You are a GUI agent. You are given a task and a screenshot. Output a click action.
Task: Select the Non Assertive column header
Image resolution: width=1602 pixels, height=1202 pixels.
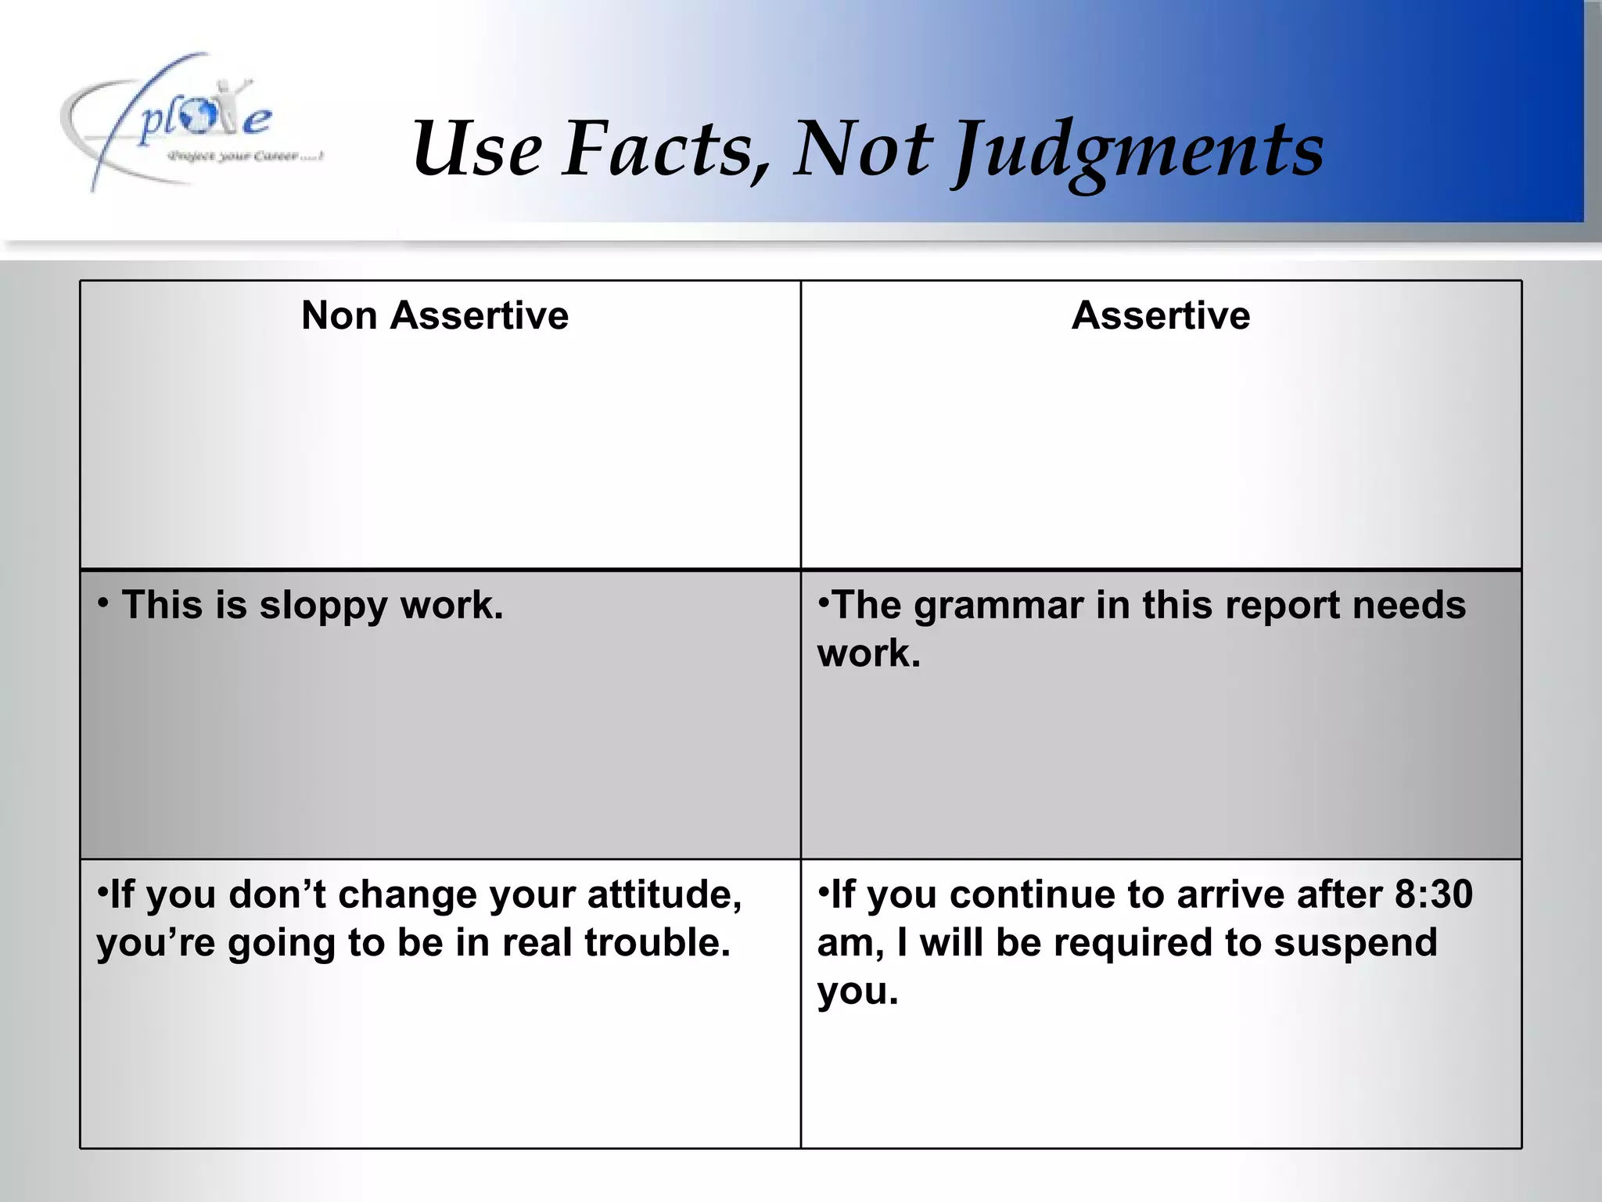pos(435,315)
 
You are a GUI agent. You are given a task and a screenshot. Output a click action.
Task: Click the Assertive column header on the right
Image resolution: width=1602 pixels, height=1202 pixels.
pos(1161,315)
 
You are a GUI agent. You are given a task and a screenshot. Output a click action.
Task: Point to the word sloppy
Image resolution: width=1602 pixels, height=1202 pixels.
pos(323,606)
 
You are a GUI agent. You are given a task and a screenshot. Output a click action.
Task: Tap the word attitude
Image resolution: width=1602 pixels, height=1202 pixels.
pos(664,894)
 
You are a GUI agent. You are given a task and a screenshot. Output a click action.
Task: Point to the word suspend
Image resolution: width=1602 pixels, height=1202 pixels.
pos(1356,943)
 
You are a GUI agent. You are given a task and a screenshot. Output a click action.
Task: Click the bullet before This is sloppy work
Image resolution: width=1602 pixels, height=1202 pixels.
pos(103,602)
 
